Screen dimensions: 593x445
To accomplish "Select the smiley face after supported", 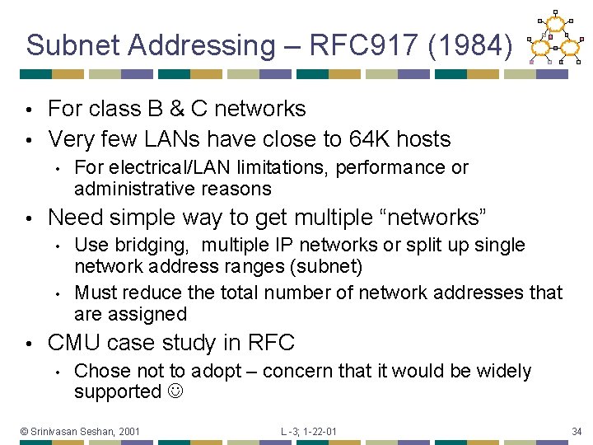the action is click(176, 392).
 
